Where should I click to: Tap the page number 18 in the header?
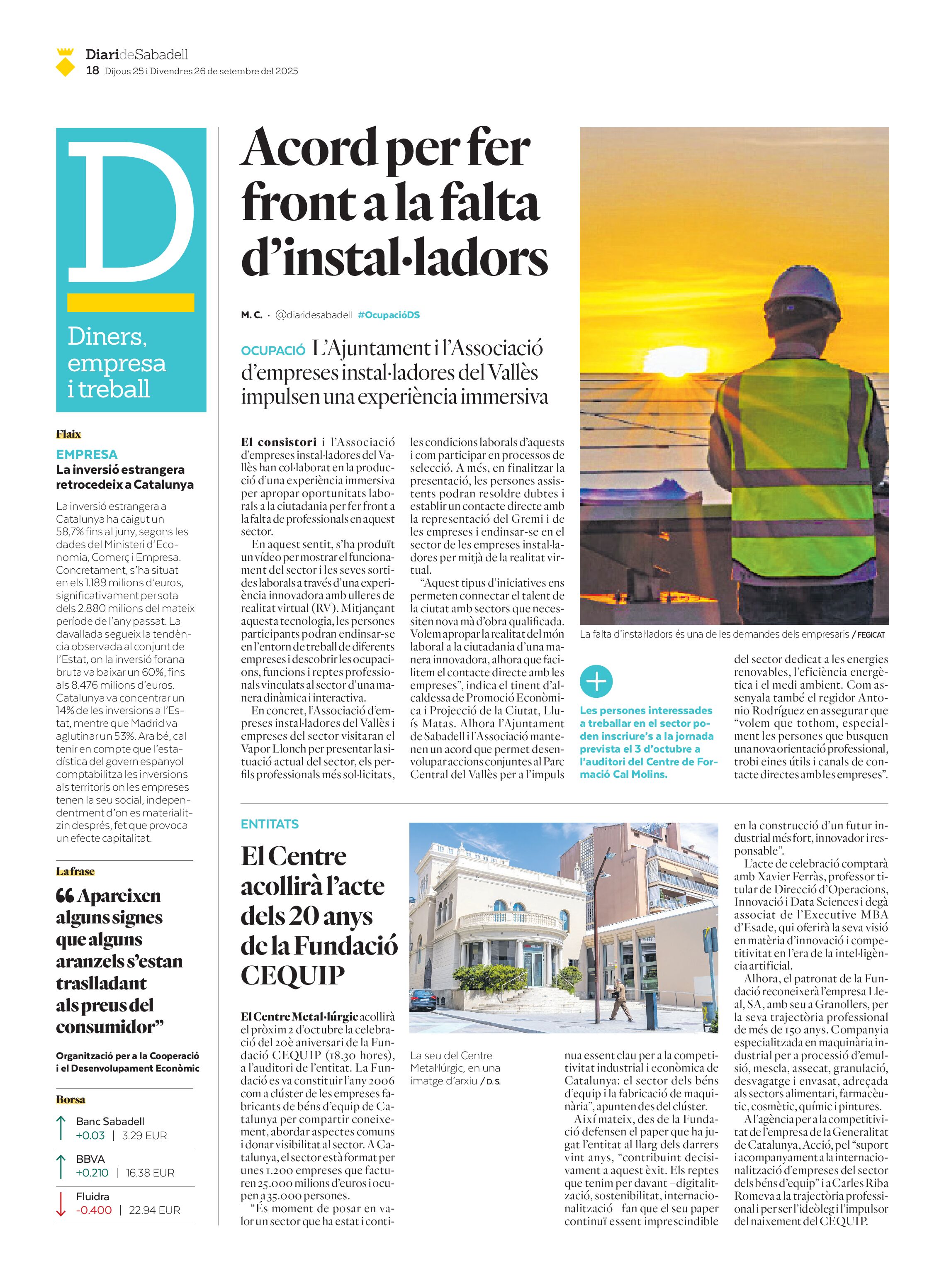[x=92, y=71]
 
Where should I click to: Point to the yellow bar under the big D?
[x=130, y=302]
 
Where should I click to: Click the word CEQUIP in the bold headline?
[x=292, y=975]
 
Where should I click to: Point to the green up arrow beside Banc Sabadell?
[x=61, y=1128]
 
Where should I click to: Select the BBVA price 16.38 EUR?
[x=150, y=1172]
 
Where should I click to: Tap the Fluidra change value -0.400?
[x=94, y=1210]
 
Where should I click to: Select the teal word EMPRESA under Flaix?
[x=87, y=454]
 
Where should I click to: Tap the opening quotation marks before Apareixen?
[x=65, y=896]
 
